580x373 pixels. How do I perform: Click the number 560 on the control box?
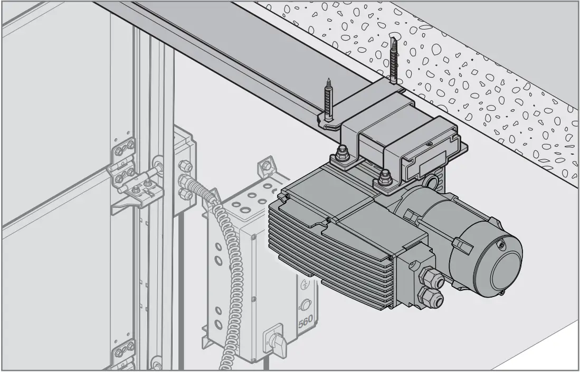coord(306,321)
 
